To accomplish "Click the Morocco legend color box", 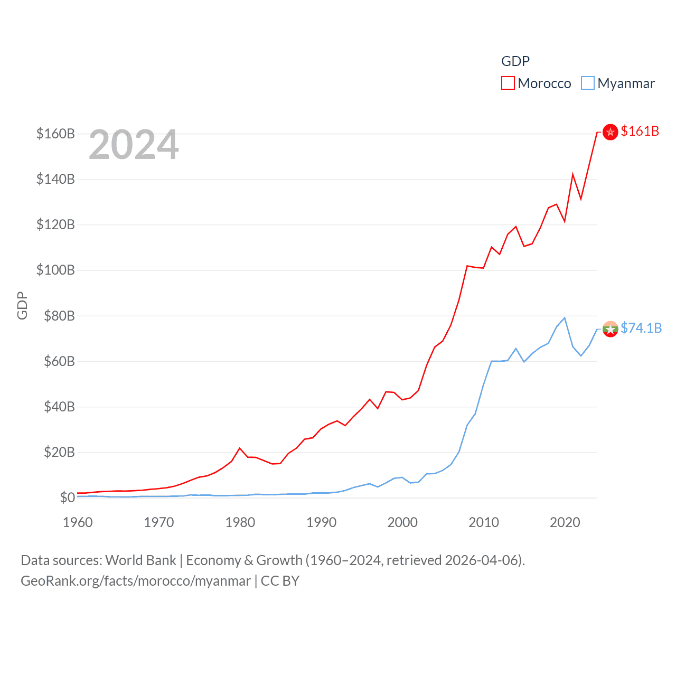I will click(508, 83).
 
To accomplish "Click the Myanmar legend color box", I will click(587, 83).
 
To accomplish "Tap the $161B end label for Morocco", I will click(640, 131).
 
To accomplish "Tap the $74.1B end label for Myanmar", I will click(641, 328).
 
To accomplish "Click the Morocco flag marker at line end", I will click(610, 132).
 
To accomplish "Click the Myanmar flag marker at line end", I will click(610, 329).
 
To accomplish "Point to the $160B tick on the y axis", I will click(55, 134).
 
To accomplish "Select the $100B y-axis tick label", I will click(55, 270).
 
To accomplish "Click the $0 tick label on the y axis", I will click(67, 497).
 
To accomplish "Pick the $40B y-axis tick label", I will click(59, 407).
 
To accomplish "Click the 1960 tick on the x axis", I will click(78, 522).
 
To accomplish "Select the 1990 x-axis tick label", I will click(321, 522).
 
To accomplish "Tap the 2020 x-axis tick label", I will click(565, 522).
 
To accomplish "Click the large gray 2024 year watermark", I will click(134, 145).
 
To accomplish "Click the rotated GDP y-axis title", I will click(22, 305).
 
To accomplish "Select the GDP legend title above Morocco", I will click(515, 61).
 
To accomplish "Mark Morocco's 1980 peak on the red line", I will click(240, 448).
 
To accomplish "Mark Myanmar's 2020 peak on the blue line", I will click(565, 318).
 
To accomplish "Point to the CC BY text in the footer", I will click(280, 581).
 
